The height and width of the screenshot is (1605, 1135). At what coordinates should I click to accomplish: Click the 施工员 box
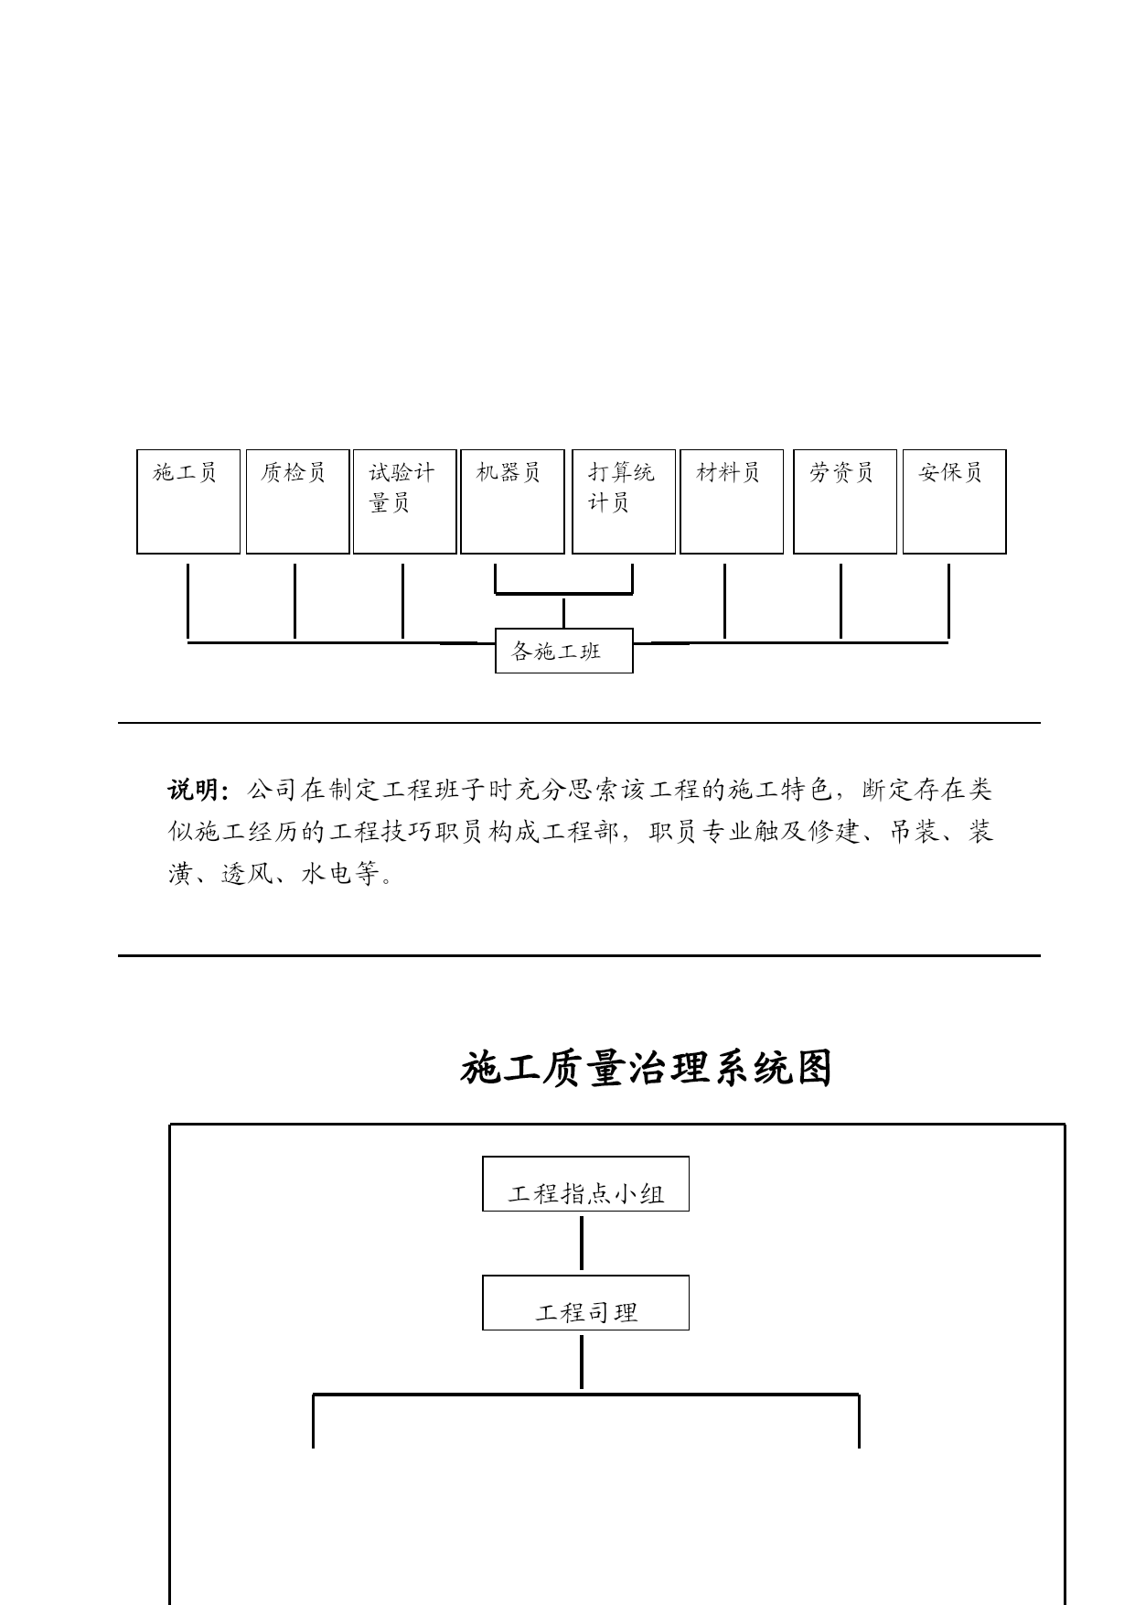[188, 501]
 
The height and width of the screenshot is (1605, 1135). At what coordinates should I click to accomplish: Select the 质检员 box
[297, 501]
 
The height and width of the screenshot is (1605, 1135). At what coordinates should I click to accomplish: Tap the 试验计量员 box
[404, 501]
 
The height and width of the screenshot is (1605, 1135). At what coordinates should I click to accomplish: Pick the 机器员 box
[512, 501]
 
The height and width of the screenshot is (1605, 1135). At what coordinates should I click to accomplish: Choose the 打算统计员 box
[624, 501]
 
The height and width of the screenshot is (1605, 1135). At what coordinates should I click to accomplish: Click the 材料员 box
[732, 501]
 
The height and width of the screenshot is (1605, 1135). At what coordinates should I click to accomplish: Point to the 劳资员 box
[845, 501]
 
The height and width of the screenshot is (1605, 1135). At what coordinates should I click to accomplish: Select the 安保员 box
[954, 501]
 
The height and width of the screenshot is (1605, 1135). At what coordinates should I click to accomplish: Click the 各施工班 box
[564, 651]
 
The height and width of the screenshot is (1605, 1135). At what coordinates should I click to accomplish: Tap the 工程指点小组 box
[585, 1184]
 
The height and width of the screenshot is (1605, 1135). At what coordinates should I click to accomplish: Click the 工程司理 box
[585, 1303]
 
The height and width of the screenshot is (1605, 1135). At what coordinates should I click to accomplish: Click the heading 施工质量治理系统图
[646, 1068]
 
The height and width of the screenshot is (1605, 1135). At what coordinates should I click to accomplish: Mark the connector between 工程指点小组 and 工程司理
[582, 1243]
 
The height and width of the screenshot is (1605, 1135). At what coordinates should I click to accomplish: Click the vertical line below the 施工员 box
[188, 601]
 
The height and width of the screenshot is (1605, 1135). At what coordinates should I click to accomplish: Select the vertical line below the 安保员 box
[948, 601]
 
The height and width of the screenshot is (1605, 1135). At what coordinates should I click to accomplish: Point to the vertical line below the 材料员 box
[724, 601]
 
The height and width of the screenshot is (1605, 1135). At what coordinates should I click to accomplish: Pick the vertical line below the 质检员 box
[294, 601]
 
